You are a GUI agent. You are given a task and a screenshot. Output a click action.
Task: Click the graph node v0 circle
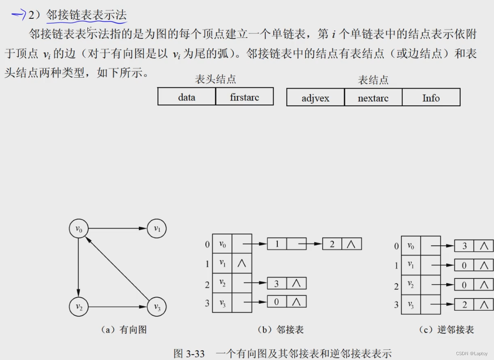tap(79, 229)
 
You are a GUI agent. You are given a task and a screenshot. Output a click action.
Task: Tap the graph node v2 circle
tap(79, 307)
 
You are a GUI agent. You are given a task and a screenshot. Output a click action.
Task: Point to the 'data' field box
tap(187, 97)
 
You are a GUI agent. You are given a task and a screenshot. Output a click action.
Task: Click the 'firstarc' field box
tap(244, 97)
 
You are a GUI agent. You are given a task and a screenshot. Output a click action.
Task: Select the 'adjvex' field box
tap(316, 98)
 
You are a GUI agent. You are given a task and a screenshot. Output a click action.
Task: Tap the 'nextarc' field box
tap(373, 98)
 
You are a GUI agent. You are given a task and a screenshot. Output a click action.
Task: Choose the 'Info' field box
tap(431, 98)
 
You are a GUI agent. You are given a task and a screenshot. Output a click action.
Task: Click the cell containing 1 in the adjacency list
tap(277, 244)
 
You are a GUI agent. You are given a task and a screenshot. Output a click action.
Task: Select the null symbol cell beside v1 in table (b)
tap(242, 263)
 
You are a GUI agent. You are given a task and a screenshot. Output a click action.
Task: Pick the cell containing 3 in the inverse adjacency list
tap(465, 246)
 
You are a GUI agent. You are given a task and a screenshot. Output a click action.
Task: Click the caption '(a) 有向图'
tap(124, 330)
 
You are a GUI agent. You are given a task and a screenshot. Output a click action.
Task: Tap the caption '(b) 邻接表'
tap(281, 330)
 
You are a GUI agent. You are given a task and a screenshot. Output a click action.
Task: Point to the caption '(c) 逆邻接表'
tap(447, 330)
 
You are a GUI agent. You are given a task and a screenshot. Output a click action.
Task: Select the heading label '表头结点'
tap(216, 79)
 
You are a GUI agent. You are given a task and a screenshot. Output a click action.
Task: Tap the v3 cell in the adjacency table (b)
tap(222, 302)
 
